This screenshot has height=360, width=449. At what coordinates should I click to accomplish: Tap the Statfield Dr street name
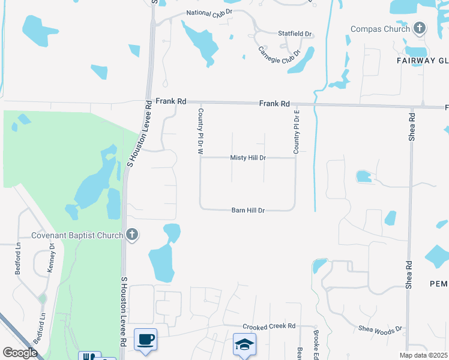click(295, 34)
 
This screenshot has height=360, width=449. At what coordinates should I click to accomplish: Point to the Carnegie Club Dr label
click(279, 56)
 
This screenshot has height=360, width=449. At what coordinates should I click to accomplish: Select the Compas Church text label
click(380, 29)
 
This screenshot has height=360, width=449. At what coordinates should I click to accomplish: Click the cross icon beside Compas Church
click(419, 28)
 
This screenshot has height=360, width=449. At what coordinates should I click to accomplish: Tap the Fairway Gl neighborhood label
click(423, 61)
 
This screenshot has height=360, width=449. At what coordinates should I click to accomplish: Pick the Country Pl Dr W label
click(201, 132)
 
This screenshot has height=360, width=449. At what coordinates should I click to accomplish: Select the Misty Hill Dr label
click(248, 158)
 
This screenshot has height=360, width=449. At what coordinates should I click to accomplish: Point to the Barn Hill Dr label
click(249, 211)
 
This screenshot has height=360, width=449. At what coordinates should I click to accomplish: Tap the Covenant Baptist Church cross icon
click(132, 235)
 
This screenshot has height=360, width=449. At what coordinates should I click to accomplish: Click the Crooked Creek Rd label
click(269, 326)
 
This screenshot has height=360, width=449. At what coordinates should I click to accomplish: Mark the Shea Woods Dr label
click(380, 329)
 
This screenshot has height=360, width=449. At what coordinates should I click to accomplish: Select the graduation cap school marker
click(244, 345)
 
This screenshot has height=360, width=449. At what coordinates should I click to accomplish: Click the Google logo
click(20, 352)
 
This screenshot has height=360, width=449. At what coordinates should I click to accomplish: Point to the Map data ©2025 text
click(424, 356)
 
